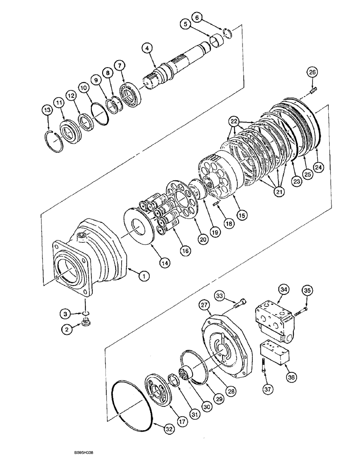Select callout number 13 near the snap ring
(x=47, y=110)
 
